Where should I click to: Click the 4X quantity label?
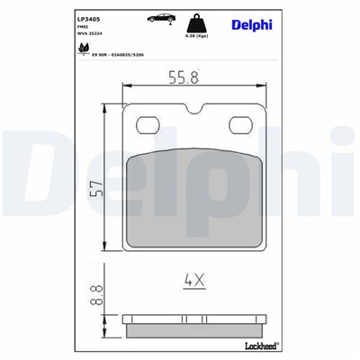pyautogui.click(x=194, y=280)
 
